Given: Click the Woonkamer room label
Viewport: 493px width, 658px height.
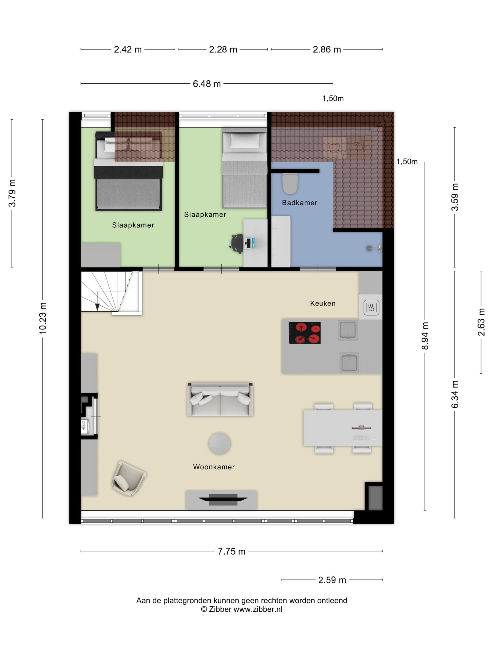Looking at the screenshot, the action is pyautogui.click(x=214, y=467).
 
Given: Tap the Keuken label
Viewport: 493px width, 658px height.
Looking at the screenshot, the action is pyautogui.click(x=323, y=303).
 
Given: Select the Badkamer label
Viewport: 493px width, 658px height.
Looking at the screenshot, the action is pyautogui.click(x=300, y=203).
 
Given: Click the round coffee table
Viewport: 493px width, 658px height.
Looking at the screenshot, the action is pyautogui.click(x=219, y=443).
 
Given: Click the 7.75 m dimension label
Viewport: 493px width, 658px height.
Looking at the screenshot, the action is pyautogui.click(x=231, y=551).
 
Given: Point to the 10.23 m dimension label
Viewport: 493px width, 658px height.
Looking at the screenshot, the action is pyautogui.click(x=43, y=318).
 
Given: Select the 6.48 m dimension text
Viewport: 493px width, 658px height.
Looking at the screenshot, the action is pyautogui.click(x=207, y=84).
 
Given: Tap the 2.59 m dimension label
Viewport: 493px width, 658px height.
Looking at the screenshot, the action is pyautogui.click(x=332, y=580).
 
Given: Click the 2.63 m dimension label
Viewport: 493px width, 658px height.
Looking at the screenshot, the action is pyautogui.click(x=481, y=322).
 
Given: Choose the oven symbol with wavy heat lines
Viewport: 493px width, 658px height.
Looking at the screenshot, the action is pyautogui.click(x=371, y=307).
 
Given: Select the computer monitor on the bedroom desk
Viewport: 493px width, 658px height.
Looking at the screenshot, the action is pyautogui.click(x=252, y=243).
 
